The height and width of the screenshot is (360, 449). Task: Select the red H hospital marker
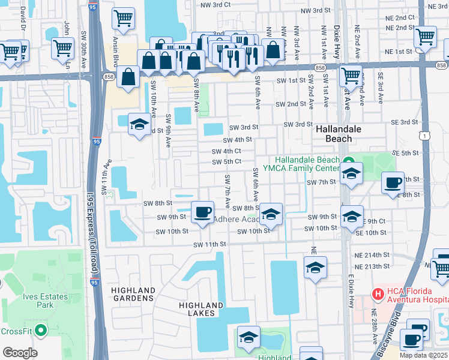[378, 295]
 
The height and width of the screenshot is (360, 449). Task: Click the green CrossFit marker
[41, 330]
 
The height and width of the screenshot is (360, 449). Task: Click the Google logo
[20, 353]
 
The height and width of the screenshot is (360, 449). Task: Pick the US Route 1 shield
[426, 137]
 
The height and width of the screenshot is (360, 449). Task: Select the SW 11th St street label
[209, 244]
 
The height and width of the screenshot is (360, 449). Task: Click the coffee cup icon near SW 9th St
[202, 211]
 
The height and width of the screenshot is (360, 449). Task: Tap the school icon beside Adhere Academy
[271, 214]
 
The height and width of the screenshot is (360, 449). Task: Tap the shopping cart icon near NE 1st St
[425, 37]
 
